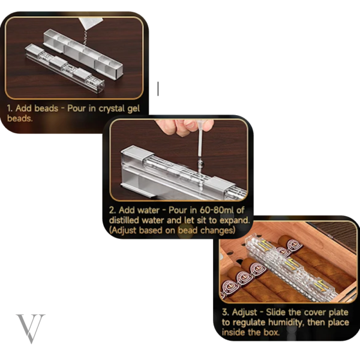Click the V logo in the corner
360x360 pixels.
click(31, 328)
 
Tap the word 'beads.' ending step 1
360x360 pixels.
click(20, 118)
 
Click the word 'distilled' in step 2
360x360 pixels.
click(124, 220)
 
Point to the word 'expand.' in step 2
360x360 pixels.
click(235, 221)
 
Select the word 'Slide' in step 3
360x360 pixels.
click(276, 312)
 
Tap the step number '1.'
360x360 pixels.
click(10, 108)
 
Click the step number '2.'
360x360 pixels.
click(113, 210)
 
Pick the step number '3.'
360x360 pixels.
click(226, 312)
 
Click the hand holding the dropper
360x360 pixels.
click(184, 126)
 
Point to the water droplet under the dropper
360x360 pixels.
click(200, 163)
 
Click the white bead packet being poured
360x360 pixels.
click(90, 23)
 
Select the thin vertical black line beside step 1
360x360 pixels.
click(158, 89)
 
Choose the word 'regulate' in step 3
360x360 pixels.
click(249, 323)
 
